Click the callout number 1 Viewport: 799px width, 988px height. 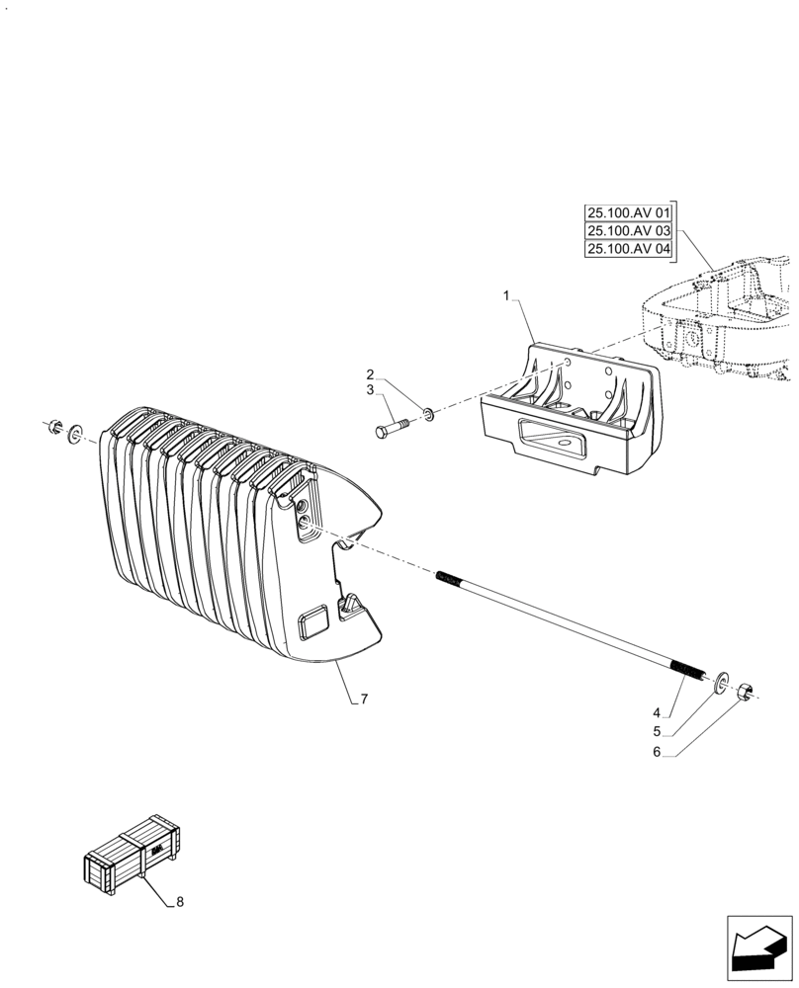[506, 296]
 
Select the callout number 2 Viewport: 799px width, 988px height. [370, 375]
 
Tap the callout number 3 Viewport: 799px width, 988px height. [370, 391]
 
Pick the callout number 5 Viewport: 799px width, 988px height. [656, 733]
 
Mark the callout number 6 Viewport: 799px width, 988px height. [656, 753]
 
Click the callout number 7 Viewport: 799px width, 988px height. [364, 700]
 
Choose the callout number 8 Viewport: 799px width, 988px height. [179, 902]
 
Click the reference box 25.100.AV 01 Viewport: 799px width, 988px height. [628, 213]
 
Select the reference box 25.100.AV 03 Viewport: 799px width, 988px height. [628, 231]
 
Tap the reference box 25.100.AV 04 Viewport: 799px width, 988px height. [628, 250]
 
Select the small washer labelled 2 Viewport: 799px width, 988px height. [427, 411]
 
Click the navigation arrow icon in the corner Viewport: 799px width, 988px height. [758, 947]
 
